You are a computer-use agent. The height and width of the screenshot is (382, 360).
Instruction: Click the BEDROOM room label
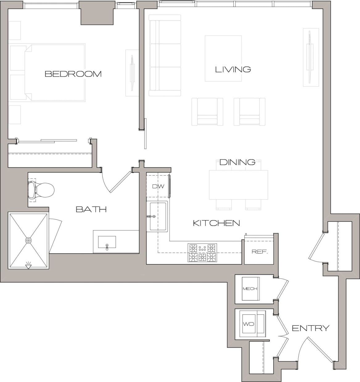[x=73, y=74]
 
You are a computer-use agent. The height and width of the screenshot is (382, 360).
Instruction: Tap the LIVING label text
[x=233, y=69]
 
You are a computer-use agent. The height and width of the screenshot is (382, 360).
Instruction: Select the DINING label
[x=237, y=162]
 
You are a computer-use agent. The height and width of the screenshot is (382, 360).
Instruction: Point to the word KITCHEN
[x=216, y=223]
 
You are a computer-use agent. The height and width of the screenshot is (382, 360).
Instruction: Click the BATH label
[x=91, y=209]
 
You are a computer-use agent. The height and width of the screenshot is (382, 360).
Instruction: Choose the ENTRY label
[x=310, y=328]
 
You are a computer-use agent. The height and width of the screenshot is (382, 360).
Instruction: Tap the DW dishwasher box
[x=158, y=187]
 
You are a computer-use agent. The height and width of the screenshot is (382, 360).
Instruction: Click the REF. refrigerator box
[x=259, y=252]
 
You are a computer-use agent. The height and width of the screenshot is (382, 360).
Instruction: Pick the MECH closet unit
[x=250, y=289]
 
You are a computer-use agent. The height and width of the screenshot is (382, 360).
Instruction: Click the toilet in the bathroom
[x=41, y=190]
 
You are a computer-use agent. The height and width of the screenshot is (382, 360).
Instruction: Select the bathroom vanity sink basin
[x=107, y=242]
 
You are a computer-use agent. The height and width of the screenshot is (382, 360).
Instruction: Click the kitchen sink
[x=158, y=216]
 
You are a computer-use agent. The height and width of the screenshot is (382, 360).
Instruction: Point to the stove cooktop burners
[x=202, y=253]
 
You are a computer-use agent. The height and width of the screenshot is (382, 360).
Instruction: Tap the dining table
[x=238, y=185]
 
